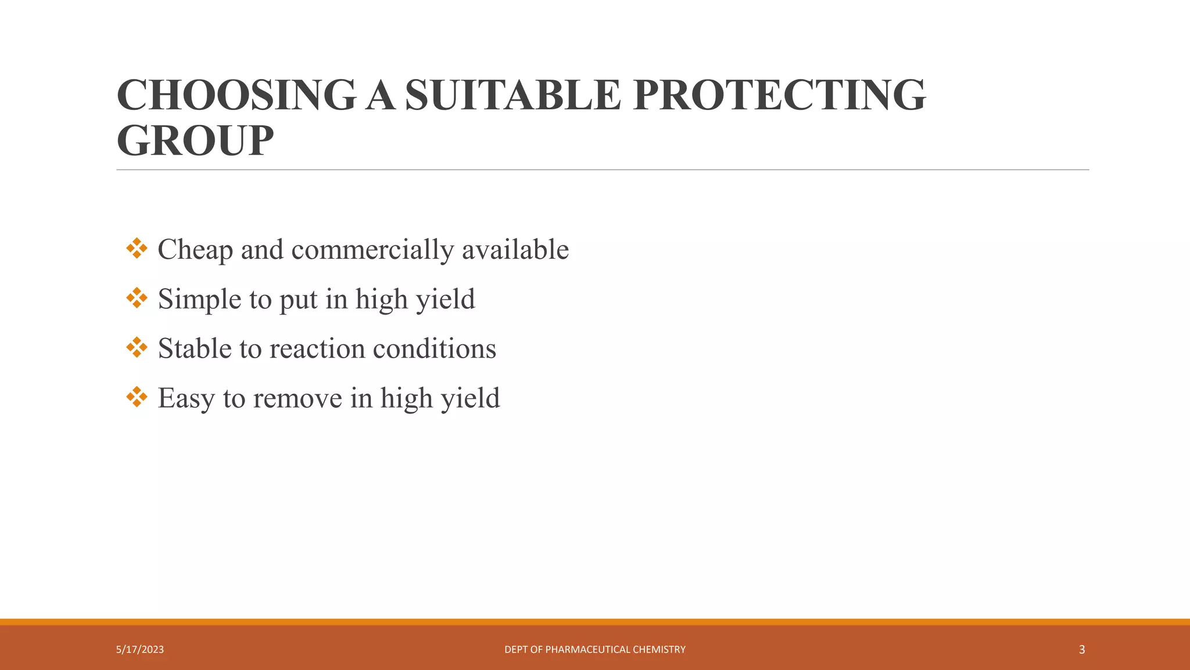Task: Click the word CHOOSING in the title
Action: click(x=236, y=95)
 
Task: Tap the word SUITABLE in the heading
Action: click(x=513, y=95)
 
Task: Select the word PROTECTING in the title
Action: click(x=779, y=95)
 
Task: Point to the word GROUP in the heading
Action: click(x=195, y=141)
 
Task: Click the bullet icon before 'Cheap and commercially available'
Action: click(x=137, y=248)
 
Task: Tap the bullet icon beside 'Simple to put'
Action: click(x=137, y=298)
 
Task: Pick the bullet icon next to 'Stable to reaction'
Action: click(x=137, y=347)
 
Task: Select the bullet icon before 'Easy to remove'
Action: click(x=137, y=397)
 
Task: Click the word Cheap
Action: click(x=195, y=250)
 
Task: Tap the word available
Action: click(x=515, y=250)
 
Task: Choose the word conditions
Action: click(x=434, y=349)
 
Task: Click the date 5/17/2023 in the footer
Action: click(x=140, y=650)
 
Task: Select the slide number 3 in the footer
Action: click(x=1081, y=650)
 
